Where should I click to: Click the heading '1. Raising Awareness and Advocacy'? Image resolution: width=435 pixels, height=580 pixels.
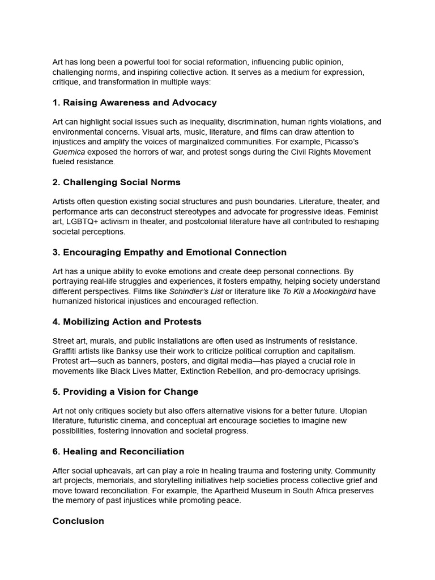(x=134, y=103)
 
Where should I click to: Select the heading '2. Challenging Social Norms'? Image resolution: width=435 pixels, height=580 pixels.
(x=116, y=182)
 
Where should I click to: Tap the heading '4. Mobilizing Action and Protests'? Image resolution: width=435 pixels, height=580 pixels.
(x=127, y=322)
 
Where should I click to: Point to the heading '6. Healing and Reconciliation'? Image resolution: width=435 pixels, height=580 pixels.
(x=118, y=451)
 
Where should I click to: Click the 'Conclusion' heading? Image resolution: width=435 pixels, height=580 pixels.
(x=78, y=521)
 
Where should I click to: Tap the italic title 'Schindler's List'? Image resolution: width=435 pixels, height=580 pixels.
(x=196, y=292)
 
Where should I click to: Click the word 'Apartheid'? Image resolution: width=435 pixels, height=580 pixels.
(x=217, y=491)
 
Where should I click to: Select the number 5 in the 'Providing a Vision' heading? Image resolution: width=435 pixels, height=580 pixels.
(x=56, y=391)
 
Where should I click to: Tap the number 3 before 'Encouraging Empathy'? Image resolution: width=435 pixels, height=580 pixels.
(x=56, y=252)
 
